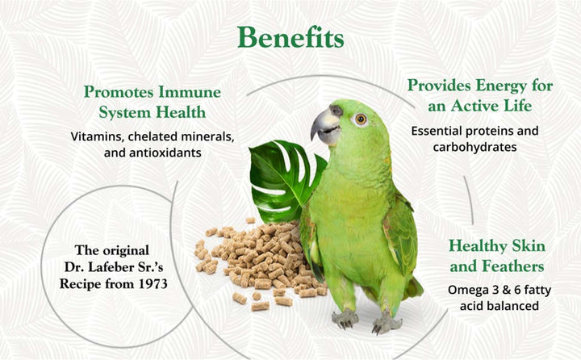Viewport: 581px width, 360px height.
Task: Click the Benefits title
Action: pyautogui.click(x=290, y=38)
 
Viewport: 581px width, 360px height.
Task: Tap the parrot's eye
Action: pyautogui.click(x=361, y=119)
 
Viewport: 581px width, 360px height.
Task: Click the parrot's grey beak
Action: pyautogui.click(x=324, y=127)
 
